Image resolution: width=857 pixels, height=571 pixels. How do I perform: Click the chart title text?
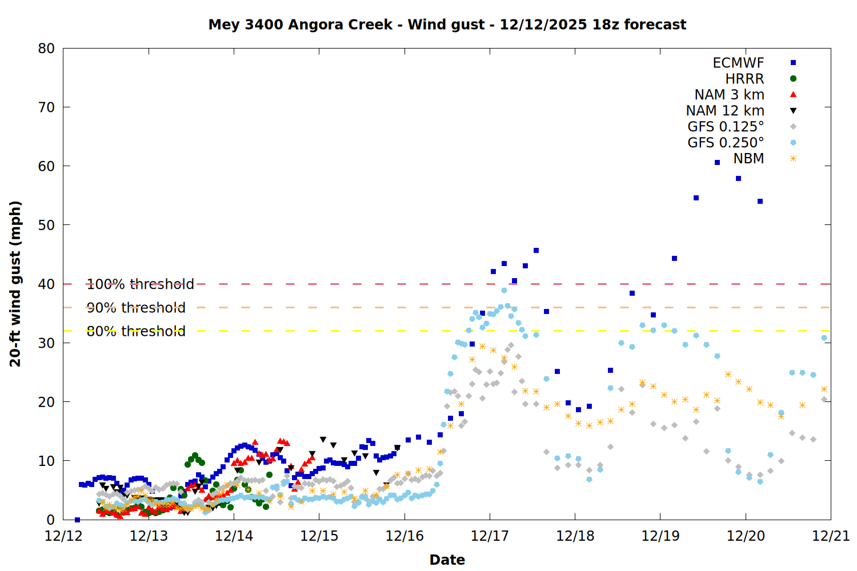(x=447, y=25)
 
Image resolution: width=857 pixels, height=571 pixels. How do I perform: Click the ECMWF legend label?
(x=738, y=63)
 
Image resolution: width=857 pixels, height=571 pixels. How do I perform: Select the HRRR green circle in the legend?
(x=793, y=79)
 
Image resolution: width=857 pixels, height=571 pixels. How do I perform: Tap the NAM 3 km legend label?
(x=729, y=95)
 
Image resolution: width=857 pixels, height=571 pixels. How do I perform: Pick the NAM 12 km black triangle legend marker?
(x=793, y=111)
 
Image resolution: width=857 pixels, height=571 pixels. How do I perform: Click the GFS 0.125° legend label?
(x=726, y=127)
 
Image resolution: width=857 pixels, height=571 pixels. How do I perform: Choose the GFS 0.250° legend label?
(x=726, y=143)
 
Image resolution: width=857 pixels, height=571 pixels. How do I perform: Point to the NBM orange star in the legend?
(x=793, y=159)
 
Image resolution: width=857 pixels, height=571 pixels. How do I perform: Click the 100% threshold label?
(x=140, y=284)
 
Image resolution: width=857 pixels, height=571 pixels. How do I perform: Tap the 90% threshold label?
(x=136, y=308)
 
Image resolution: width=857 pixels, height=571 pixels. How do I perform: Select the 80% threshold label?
(x=136, y=331)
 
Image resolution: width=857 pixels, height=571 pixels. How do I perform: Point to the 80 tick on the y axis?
(x=46, y=49)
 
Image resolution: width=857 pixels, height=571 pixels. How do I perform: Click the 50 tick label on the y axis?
(x=46, y=225)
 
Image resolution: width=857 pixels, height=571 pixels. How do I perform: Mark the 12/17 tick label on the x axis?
(x=490, y=536)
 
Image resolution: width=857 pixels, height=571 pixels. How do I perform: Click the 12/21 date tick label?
(x=831, y=536)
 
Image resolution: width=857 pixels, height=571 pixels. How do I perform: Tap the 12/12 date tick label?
(x=63, y=536)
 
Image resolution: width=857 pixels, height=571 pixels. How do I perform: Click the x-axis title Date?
(x=447, y=560)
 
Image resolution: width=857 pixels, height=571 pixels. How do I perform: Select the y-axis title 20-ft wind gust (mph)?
(x=15, y=284)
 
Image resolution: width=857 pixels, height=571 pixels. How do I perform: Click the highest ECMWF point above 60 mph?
(x=717, y=163)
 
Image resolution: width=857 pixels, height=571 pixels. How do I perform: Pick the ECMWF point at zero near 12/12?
(x=77, y=520)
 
